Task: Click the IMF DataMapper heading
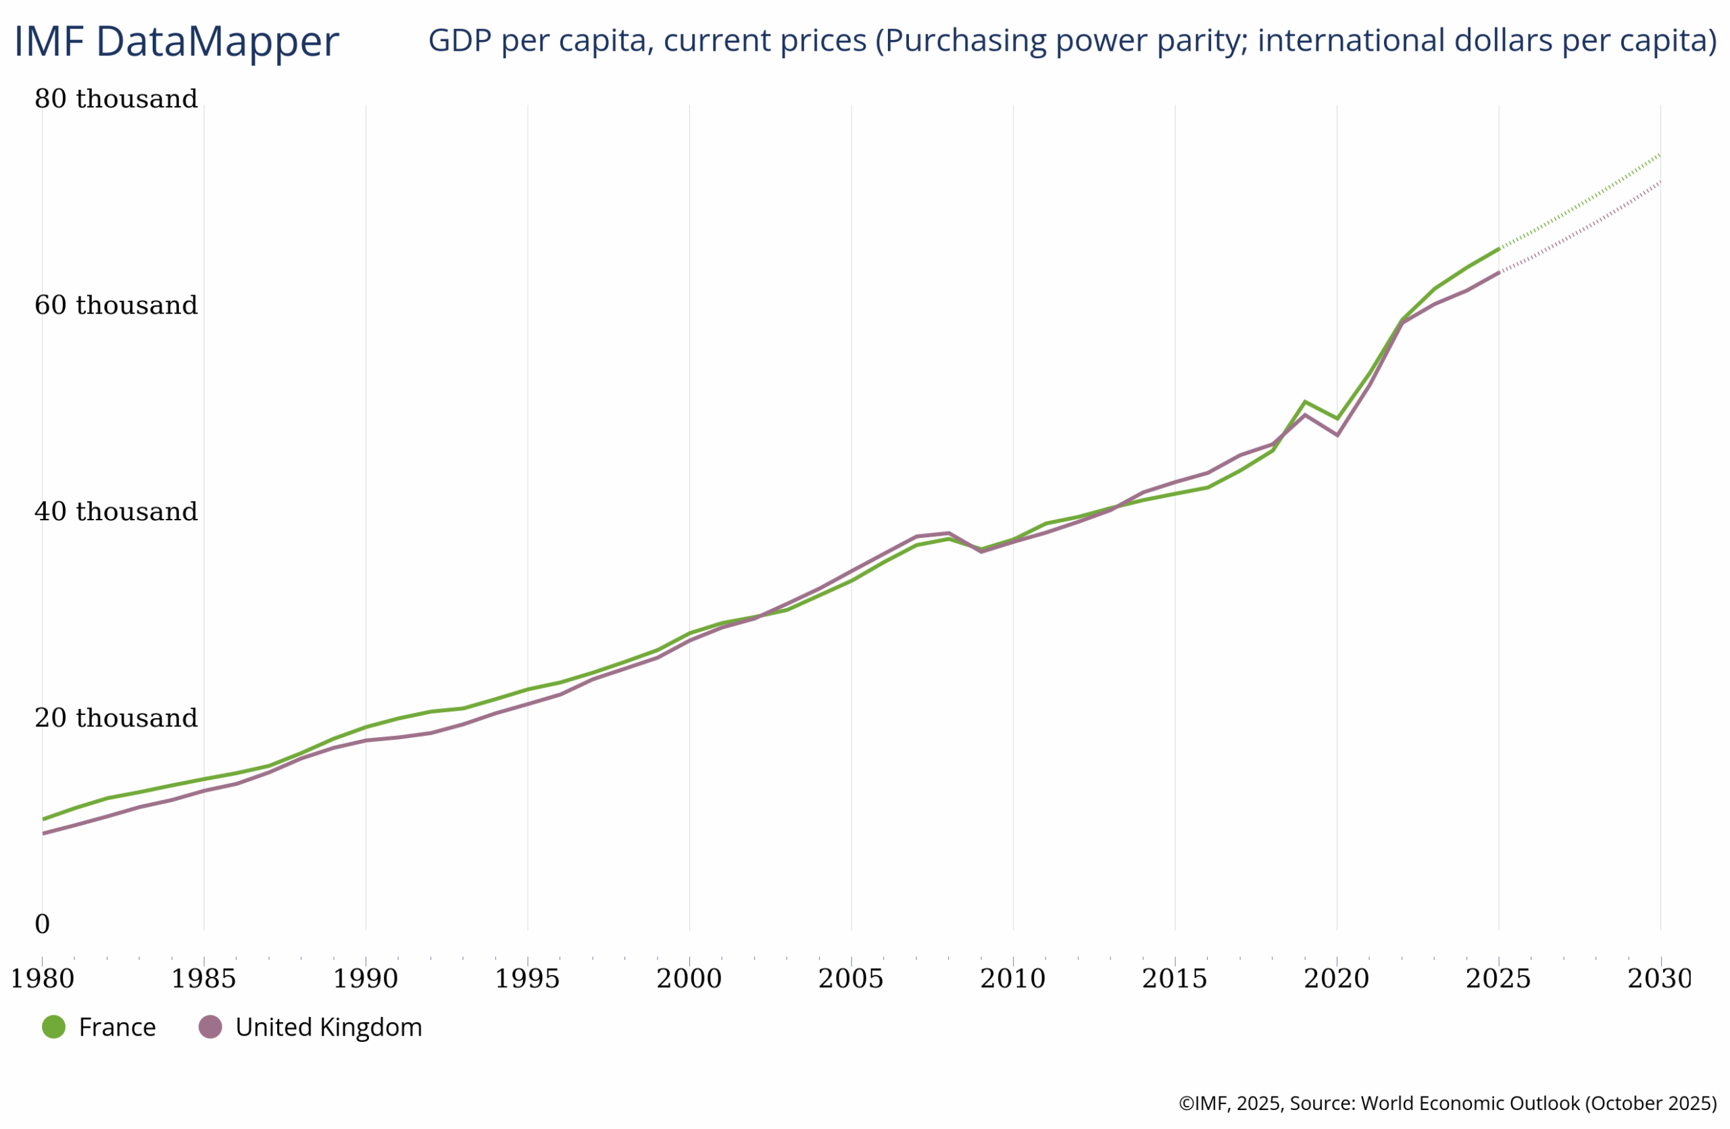coord(176,41)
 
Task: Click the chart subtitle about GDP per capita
coord(1072,40)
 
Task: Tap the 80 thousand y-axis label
coord(116,99)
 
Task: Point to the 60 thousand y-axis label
coord(116,305)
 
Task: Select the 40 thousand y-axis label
coord(116,511)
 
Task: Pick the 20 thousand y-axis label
coord(116,718)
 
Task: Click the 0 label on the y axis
coord(42,924)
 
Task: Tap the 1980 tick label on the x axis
coord(42,978)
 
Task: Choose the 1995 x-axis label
coord(527,978)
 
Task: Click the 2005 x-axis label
coord(850,978)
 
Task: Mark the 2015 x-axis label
coord(1175,978)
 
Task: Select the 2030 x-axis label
coord(1660,978)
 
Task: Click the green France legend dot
coord(54,1026)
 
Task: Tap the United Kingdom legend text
coord(328,1027)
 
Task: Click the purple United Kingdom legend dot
coord(210,1026)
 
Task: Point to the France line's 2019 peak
coord(1306,401)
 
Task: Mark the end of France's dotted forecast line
coord(1660,154)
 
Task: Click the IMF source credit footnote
coord(1448,1103)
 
